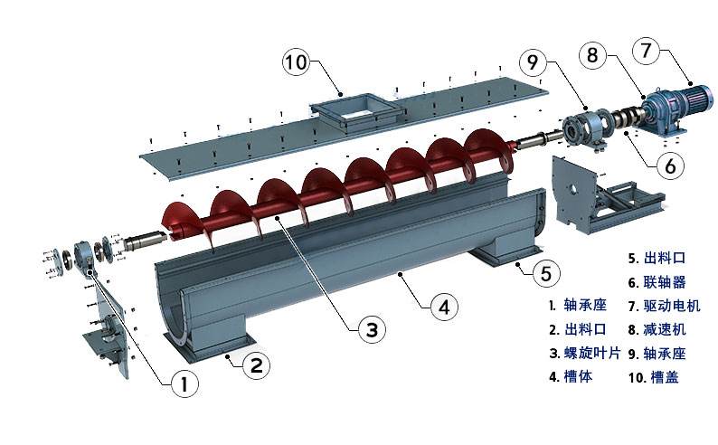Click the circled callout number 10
click(296, 62)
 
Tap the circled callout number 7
click(646, 51)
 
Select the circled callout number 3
click(372, 329)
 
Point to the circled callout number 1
click(185, 383)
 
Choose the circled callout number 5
click(546, 273)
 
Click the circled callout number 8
click(592, 55)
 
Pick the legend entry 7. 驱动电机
click(664, 306)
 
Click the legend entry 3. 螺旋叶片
click(585, 353)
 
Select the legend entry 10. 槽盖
click(654, 377)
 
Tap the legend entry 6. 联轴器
click(657, 282)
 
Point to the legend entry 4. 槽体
click(571, 377)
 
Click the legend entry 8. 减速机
click(657, 329)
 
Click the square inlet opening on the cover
click(357, 109)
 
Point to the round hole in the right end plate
click(571, 189)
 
